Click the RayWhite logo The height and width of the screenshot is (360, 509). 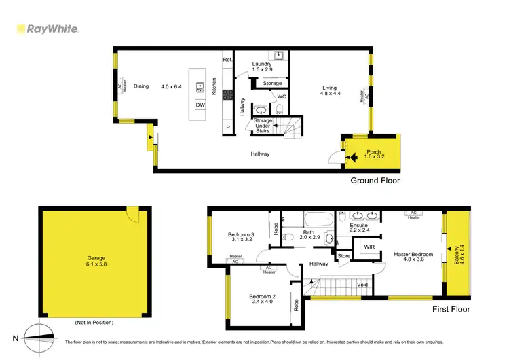[x=48, y=29]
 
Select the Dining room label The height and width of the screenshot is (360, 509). [x=141, y=86]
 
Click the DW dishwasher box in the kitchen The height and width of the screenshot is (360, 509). [x=200, y=105]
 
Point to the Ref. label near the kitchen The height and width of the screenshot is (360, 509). [x=228, y=60]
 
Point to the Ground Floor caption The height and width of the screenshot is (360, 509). [x=375, y=181]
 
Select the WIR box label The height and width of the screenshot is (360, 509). [x=369, y=247]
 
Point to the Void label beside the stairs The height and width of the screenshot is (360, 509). [x=362, y=284]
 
